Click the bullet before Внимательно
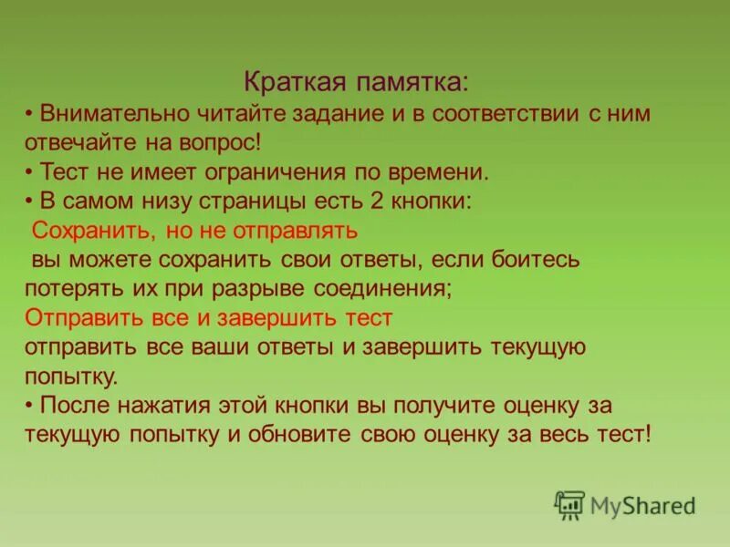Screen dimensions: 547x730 30,114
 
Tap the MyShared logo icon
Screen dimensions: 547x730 568,504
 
